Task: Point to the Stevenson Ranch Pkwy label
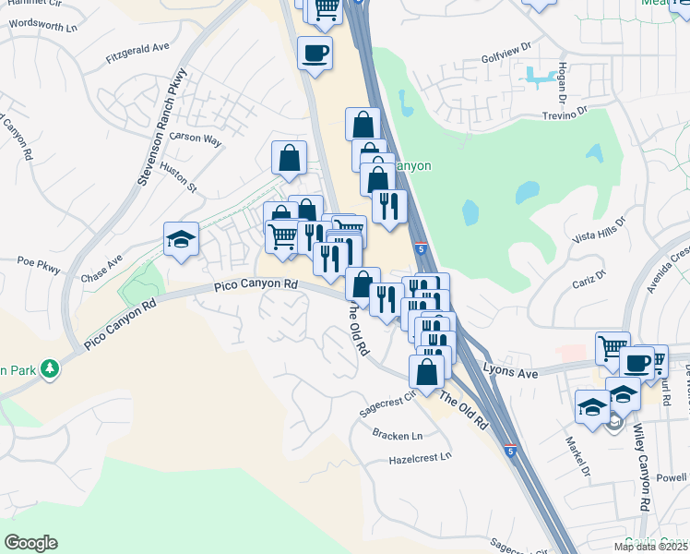pyautogui.click(x=161, y=126)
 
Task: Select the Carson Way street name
pyautogui.click(x=195, y=140)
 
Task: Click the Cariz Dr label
pyautogui.click(x=588, y=276)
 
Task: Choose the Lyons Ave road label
pyautogui.click(x=513, y=373)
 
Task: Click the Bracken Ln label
pyautogui.click(x=397, y=434)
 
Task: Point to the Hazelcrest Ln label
pyautogui.click(x=421, y=457)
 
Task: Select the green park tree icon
pyautogui.click(x=49, y=370)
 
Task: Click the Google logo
pyautogui.click(x=30, y=543)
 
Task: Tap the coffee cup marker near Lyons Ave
pyautogui.click(x=636, y=362)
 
